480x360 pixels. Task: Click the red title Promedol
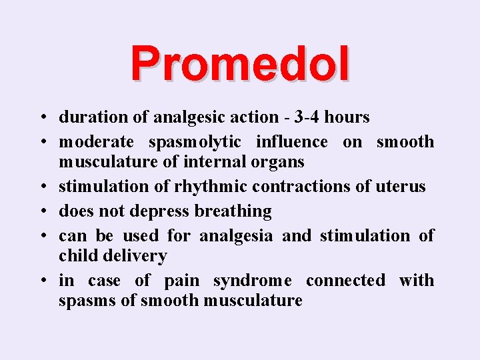click(x=239, y=64)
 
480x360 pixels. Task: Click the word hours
click(x=347, y=117)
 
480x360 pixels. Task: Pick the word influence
click(x=297, y=142)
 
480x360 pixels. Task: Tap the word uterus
click(x=401, y=187)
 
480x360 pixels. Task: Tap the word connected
click(x=345, y=281)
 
